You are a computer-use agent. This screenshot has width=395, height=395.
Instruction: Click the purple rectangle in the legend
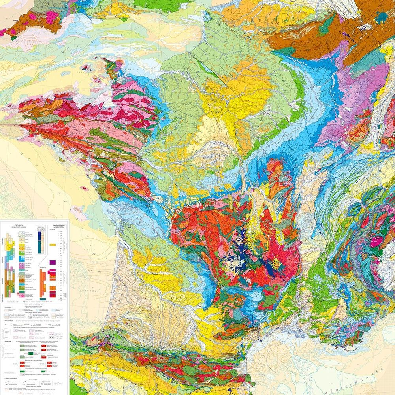click(53, 261)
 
